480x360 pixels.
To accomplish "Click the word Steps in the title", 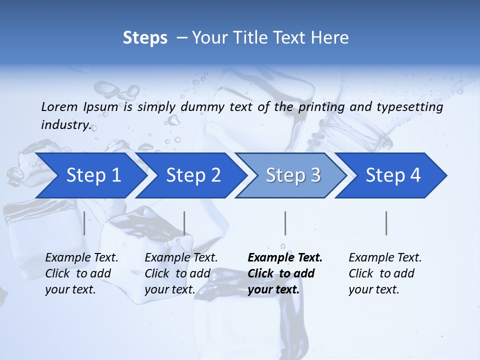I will click(145, 38).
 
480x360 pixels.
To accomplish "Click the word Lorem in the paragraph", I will click(59, 106).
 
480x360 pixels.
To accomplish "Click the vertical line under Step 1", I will click(84, 223).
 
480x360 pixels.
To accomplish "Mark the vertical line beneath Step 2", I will click(184, 223).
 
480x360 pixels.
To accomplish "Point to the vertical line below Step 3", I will click(285, 223).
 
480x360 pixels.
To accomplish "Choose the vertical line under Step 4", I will click(386, 223).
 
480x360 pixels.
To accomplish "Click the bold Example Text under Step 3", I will click(285, 273).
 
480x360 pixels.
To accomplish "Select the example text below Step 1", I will click(81, 273).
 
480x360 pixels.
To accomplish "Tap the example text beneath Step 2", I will click(181, 273).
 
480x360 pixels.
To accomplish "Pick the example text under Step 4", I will click(385, 273).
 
